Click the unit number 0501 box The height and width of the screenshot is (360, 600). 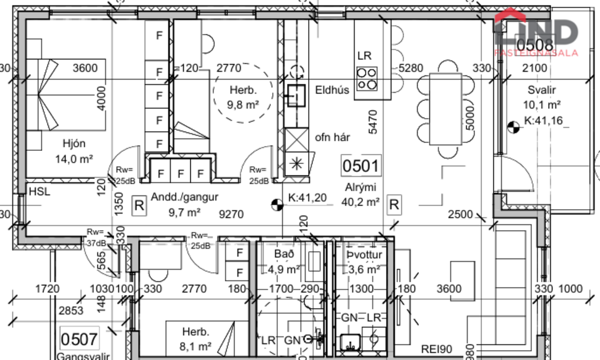pyautogui.click(x=361, y=166)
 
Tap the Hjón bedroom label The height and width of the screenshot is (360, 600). pyautogui.click(x=74, y=144)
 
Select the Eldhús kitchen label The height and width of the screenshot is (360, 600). pyautogui.click(x=332, y=90)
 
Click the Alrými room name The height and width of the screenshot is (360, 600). pyautogui.click(x=361, y=187)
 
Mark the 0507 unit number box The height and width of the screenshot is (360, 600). pyautogui.click(x=79, y=339)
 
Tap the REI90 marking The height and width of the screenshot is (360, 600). pyautogui.click(x=438, y=348)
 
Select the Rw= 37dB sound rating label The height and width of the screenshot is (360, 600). pyautogui.click(x=96, y=239)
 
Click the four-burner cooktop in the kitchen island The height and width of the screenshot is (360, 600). pyautogui.click(x=366, y=79)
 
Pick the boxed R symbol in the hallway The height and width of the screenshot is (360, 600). pyautogui.click(x=139, y=205)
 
